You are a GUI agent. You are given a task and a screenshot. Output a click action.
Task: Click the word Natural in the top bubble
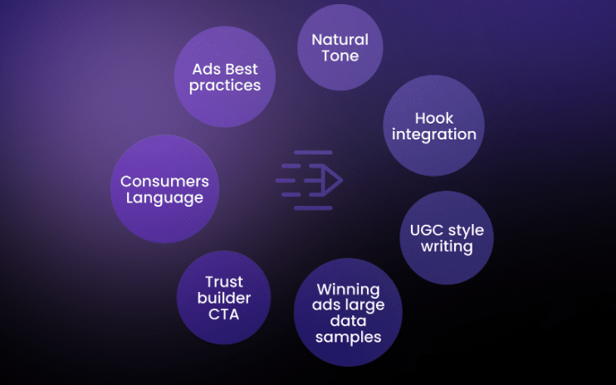click(x=340, y=40)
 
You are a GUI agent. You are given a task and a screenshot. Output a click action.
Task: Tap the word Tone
click(x=340, y=56)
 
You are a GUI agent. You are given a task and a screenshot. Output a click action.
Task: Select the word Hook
click(x=434, y=118)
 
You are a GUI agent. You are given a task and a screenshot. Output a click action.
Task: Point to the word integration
click(x=434, y=134)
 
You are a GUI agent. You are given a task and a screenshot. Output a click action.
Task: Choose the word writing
click(x=447, y=247)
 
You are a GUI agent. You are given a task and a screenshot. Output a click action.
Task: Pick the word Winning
click(x=349, y=290)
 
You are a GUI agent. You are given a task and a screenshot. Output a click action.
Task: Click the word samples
click(x=349, y=338)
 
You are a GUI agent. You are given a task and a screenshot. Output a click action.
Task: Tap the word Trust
click(x=224, y=282)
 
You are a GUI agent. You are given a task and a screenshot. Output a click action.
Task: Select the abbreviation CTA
click(x=223, y=314)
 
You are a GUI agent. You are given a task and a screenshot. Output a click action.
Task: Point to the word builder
click(x=224, y=298)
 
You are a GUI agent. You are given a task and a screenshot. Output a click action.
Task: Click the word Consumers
click(x=164, y=182)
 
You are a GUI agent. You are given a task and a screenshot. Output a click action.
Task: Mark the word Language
click(x=164, y=197)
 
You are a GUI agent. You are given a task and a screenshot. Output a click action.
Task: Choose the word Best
click(x=242, y=69)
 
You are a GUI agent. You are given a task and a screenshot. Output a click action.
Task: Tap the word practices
click(x=225, y=85)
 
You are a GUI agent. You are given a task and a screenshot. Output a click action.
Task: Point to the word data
click(x=349, y=321)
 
